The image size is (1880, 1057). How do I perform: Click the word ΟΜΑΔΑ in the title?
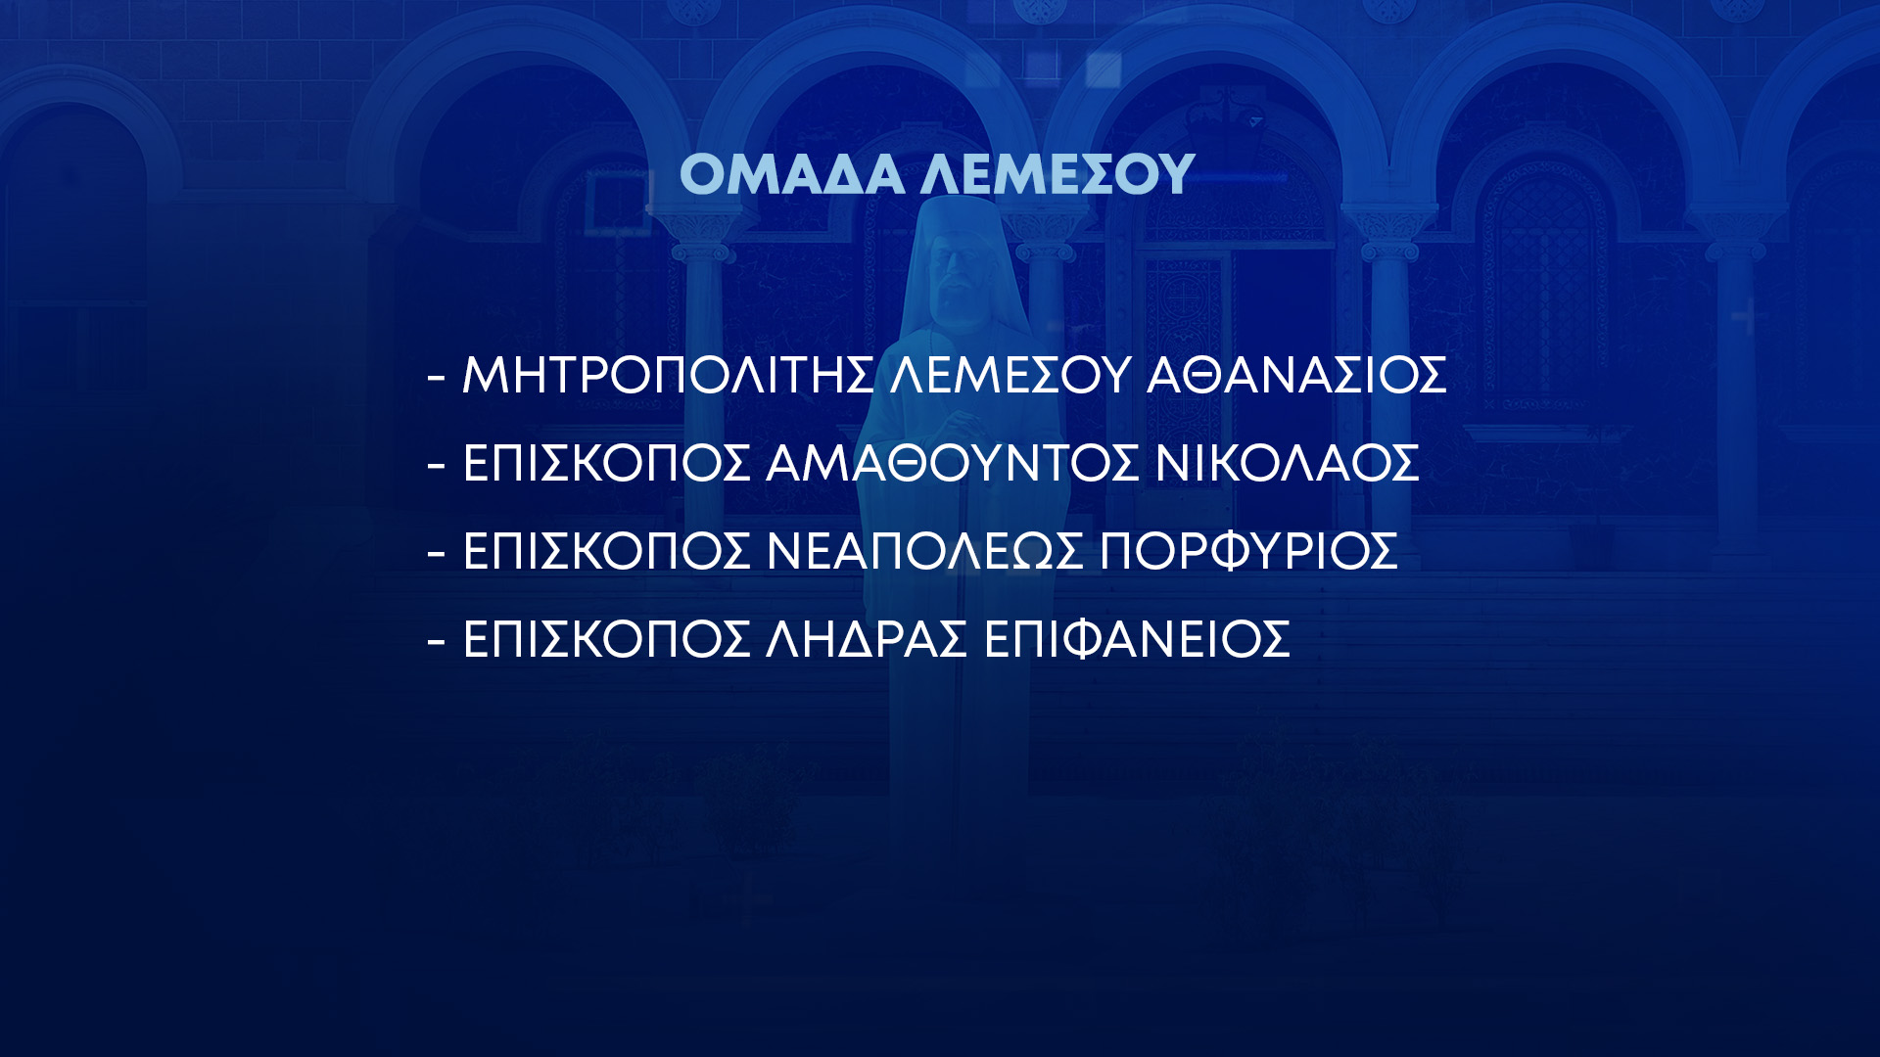[x=792, y=174]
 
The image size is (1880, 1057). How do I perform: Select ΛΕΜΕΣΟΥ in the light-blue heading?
[x=1057, y=174]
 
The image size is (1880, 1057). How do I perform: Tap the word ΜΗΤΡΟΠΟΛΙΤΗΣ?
[x=668, y=375]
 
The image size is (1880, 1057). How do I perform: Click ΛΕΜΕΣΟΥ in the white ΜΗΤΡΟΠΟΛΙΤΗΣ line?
[x=1010, y=375]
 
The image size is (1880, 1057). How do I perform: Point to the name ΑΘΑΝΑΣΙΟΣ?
[x=1296, y=375]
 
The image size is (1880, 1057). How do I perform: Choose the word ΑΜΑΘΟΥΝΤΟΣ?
[x=953, y=463]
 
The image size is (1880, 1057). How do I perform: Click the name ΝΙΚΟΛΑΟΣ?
[x=1287, y=463]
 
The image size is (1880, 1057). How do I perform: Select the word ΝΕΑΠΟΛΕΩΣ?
[x=925, y=551]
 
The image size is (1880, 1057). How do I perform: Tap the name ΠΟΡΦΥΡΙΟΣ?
[x=1248, y=551]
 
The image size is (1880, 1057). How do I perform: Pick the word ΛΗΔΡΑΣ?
[x=867, y=639]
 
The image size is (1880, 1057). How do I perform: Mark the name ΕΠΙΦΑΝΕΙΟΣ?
[x=1137, y=639]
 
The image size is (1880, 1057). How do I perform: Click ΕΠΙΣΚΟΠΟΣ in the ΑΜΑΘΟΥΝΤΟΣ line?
[x=606, y=463]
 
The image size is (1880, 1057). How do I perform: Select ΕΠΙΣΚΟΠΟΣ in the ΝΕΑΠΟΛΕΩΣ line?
[x=606, y=551]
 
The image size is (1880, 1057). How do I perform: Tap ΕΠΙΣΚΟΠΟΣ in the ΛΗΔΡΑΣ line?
[x=606, y=639]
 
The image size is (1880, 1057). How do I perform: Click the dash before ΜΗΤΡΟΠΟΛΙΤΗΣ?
[x=437, y=377]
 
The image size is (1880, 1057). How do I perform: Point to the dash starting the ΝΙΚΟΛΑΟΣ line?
[x=437, y=465]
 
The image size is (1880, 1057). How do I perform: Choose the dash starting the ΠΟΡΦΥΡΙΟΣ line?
[x=437, y=553]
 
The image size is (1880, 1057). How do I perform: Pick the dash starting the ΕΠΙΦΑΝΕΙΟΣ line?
[x=437, y=641]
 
